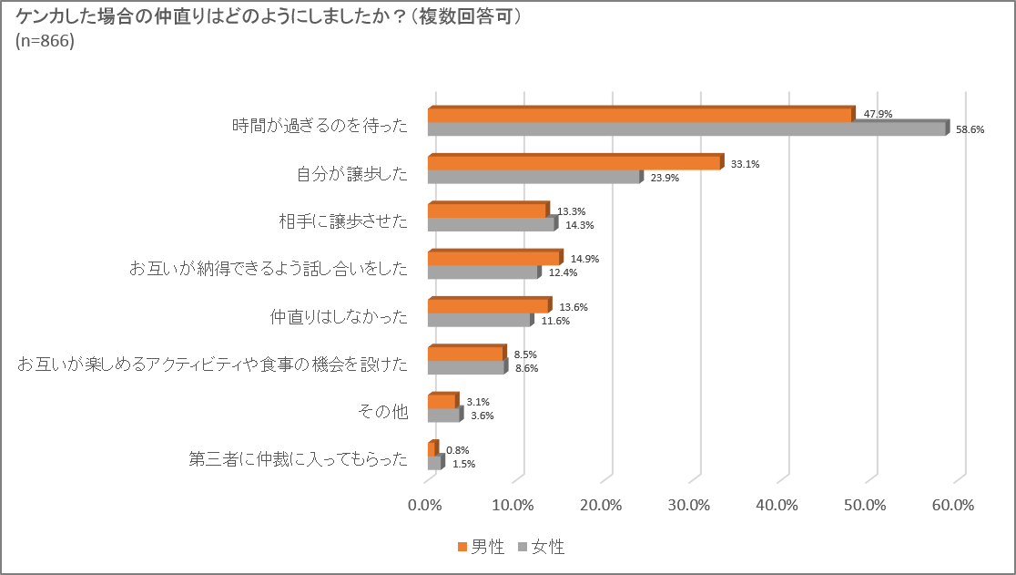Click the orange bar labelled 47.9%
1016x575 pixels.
click(x=640, y=115)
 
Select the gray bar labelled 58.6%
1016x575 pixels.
click(x=686, y=129)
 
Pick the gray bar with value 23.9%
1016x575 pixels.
click(x=533, y=178)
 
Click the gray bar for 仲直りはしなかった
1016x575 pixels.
click(x=479, y=321)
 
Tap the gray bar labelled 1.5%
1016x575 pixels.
click(x=434, y=464)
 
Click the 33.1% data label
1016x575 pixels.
click(x=745, y=164)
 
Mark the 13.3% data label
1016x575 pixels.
click(x=571, y=211)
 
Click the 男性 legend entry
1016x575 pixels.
click(x=481, y=547)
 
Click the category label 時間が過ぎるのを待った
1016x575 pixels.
click(x=320, y=124)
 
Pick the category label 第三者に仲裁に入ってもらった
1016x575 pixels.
click(x=298, y=458)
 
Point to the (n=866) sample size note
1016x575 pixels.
click(x=46, y=41)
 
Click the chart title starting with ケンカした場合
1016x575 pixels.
click(x=269, y=17)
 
